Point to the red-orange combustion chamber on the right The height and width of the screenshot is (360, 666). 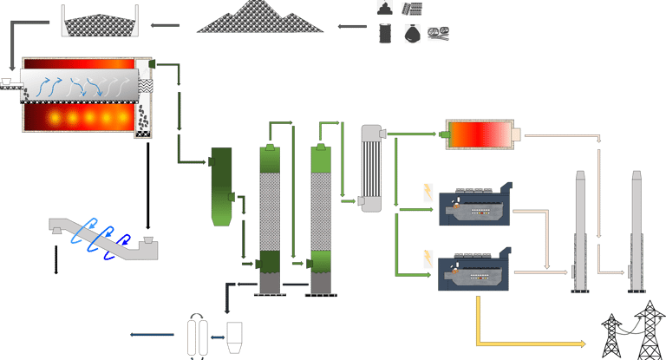(x=480, y=134)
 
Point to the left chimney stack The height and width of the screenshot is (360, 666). (x=579, y=230)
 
